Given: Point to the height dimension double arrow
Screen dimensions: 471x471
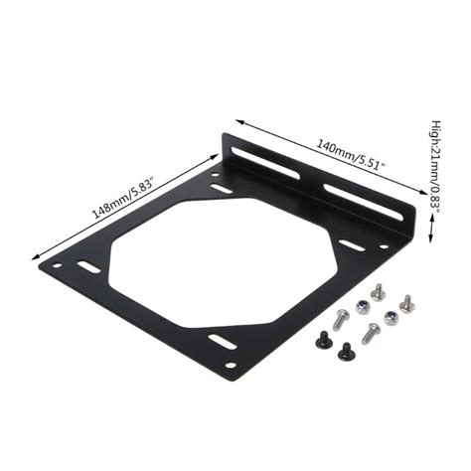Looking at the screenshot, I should click(x=430, y=229).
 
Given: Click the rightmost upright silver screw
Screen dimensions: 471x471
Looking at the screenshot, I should click(x=406, y=301).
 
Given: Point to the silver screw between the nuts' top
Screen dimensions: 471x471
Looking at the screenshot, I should click(x=377, y=291).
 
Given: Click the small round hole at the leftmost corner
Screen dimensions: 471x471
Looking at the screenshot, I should click(x=58, y=265).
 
